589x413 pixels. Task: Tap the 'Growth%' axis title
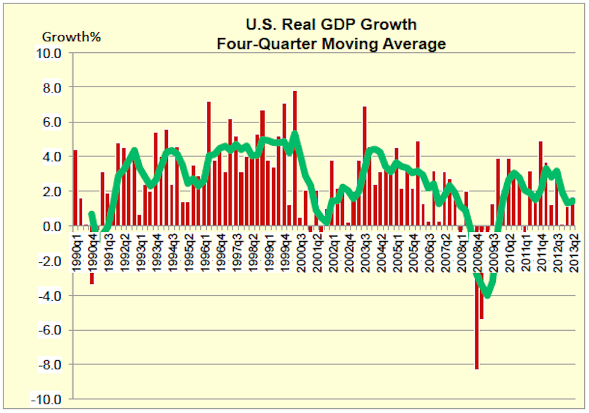71,36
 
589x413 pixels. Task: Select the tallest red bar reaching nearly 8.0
294,159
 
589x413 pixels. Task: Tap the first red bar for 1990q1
75,188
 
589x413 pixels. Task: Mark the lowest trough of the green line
487,294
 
